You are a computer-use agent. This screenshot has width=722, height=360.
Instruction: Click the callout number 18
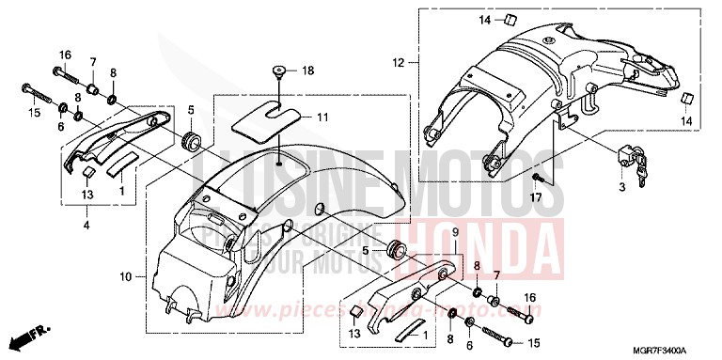coord(306,70)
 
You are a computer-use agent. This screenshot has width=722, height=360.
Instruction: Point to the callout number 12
coord(399,63)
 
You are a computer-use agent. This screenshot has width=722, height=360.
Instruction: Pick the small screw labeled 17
coord(536,179)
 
